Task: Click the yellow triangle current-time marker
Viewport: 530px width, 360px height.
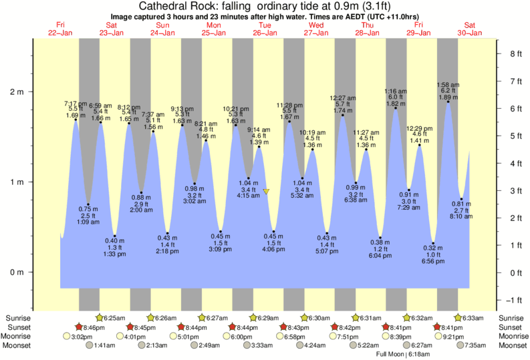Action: [266, 192]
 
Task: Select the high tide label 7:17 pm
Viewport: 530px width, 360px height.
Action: [75, 104]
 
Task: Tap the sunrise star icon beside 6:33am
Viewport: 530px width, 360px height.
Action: [459, 317]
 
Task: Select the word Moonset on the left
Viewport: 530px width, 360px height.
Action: [19, 345]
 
